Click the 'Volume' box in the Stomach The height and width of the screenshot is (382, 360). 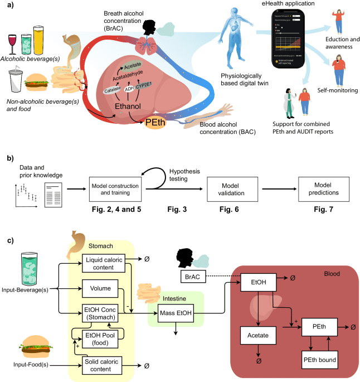coord(105,289)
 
